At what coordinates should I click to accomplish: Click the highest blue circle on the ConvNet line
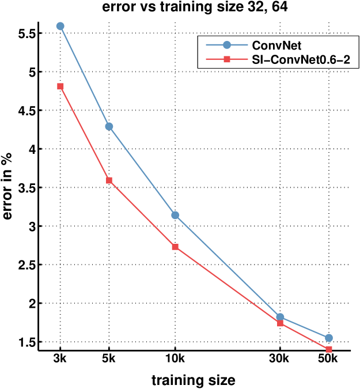(x=60, y=26)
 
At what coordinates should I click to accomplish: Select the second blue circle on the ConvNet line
(x=109, y=126)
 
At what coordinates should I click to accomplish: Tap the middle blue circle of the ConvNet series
(x=175, y=215)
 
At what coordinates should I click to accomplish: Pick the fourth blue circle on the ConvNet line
(x=280, y=317)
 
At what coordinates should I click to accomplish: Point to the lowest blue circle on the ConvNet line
(x=329, y=338)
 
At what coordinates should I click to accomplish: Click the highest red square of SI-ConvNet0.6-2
(x=60, y=86)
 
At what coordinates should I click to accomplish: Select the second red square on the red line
(x=109, y=180)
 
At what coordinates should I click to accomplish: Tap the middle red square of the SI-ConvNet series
(x=175, y=247)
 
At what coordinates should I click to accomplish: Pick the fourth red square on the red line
(x=280, y=323)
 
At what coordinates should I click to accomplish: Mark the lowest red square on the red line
(x=329, y=350)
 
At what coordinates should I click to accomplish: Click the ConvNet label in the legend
(x=276, y=45)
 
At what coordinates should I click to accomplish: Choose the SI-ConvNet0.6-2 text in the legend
(x=301, y=59)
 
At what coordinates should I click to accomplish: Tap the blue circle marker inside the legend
(x=227, y=45)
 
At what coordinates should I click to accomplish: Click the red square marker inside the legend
(x=227, y=59)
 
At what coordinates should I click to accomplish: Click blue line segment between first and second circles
(x=85, y=76)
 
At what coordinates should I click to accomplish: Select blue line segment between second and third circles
(x=142, y=171)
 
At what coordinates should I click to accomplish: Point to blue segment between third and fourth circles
(x=228, y=266)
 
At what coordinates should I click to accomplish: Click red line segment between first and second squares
(x=85, y=134)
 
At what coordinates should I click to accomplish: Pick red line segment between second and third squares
(x=142, y=213)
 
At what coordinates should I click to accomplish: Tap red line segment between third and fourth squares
(x=228, y=285)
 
